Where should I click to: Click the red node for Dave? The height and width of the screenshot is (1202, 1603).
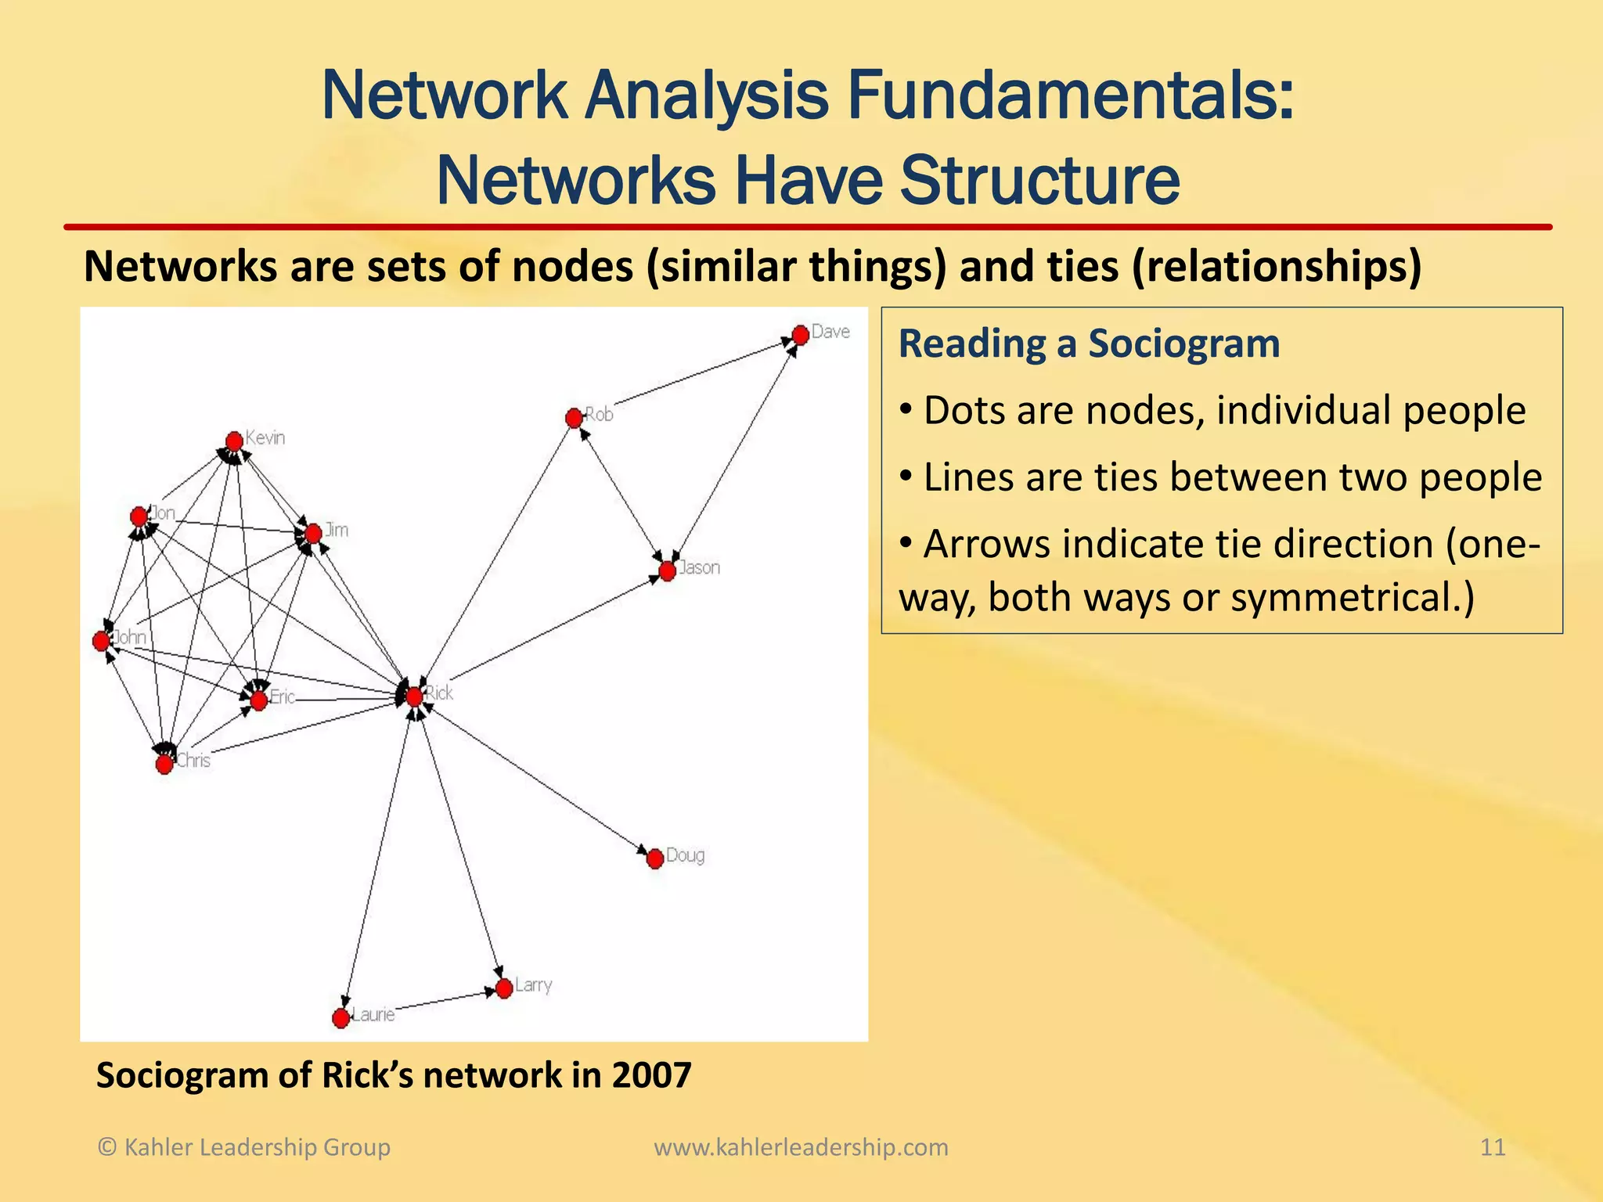(800, 335)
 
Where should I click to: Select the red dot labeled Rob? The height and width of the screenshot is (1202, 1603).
(574, 418)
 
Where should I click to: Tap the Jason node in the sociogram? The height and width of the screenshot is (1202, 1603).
(667, 571)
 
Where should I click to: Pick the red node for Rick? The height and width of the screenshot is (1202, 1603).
(414, 696)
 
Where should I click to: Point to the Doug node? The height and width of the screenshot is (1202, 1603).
(655, 859)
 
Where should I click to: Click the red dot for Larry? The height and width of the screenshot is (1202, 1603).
(504, 988)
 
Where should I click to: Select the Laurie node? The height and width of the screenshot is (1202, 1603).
(340, 1018)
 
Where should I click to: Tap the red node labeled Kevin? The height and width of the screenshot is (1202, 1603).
(234, 441)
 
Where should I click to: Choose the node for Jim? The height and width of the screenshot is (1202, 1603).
(313, 534)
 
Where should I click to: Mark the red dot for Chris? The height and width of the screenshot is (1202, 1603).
(164, 764)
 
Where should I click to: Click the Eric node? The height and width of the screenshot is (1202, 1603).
(258, 699)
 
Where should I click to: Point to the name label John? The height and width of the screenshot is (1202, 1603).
(131, 637)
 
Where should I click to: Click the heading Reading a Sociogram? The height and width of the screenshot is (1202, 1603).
(1089, 344)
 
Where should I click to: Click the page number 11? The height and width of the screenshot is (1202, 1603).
(1493, 1147)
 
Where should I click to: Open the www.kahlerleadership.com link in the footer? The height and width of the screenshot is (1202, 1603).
(801, 1147)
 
